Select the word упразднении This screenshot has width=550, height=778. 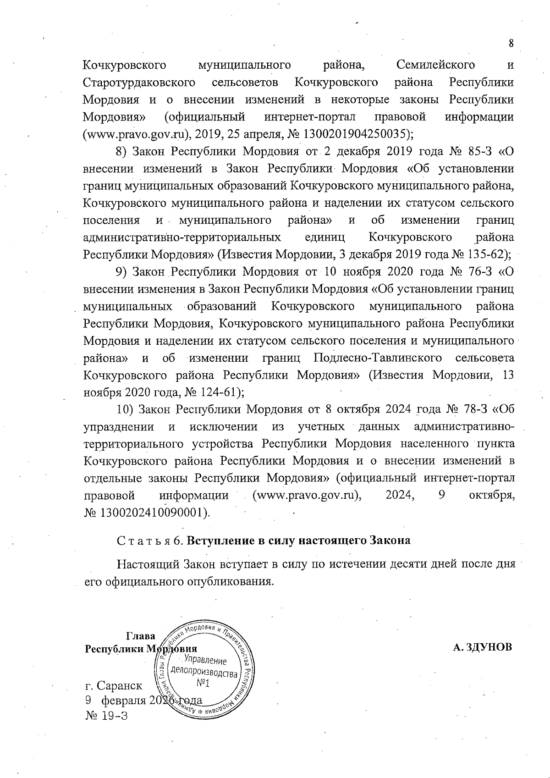pyautogui.click(x=118, y=427)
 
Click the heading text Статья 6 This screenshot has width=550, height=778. pyautogui.click(x=151, y=541)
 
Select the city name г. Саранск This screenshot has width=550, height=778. pyautogui.click(x=113, y=686)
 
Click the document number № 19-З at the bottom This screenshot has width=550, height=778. pyautogui.click(x=106, y=716)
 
